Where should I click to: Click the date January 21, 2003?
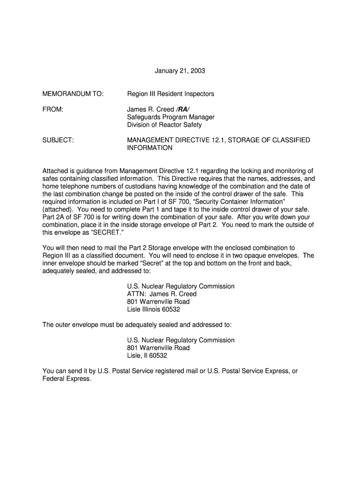click(x=180, y=71)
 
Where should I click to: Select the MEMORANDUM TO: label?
click(x=72, y=94)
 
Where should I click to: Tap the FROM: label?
click(x=52, y=109)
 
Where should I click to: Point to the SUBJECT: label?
click(x=58, y=140)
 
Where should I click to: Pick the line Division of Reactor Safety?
click(x=165, y=124)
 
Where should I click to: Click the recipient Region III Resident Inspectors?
click(x=171, y=94)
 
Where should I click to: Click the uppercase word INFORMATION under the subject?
click(x=150, y=148)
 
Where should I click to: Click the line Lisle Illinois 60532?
click(x=153, y=309)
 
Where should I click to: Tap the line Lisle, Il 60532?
click(x=147, y=355)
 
